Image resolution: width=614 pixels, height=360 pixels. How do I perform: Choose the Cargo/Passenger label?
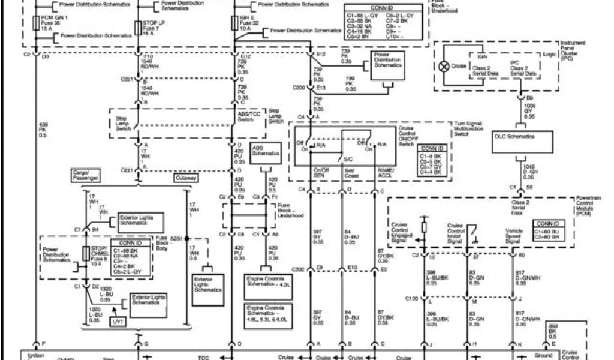(85, 175)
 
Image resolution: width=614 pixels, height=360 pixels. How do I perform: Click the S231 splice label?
(176, 238)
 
